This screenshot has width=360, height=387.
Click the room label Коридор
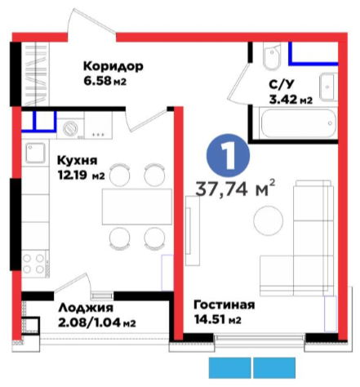tap(113, 66)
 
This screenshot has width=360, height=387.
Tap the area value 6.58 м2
tap(104, 81)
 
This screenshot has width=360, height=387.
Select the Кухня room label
tap(78, 161)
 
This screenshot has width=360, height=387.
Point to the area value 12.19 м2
tap(81, 176)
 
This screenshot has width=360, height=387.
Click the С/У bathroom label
tap(282, 85)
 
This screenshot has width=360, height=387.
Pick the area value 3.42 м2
tap(291, 100)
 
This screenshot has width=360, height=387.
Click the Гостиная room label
tap(224, 305)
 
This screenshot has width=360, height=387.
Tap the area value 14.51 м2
tap(218, 319)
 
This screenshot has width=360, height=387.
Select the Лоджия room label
tap(86, 308)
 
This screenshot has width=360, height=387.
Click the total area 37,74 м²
tap(235, 189)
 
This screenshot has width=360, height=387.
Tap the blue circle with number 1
tap(228, 155)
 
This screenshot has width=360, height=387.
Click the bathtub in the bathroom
tap(298, 123)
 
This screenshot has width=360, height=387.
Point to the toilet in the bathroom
tap(272, 56)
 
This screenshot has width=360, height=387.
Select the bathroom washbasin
tap(328, 87)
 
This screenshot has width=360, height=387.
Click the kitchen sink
tap(35, 153)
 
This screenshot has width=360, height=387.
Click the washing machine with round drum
tap(70, 129)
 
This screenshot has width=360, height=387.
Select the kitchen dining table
tap(137, 207)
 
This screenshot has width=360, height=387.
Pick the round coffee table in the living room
tap(268, 220)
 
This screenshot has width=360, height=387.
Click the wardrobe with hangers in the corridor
tap(35, 73)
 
